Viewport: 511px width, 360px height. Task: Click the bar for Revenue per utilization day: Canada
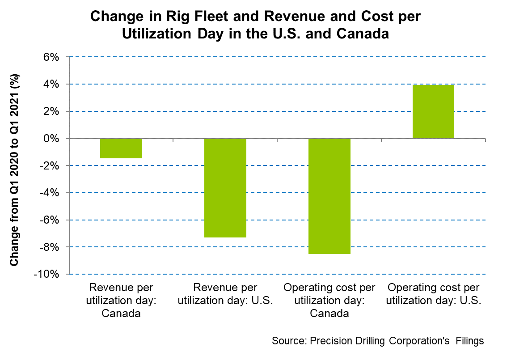121,148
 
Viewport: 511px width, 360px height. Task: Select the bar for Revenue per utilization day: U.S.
225,188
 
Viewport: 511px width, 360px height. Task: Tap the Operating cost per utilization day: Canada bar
329,196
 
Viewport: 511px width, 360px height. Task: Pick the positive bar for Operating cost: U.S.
433,112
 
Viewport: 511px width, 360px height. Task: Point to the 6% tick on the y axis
52,57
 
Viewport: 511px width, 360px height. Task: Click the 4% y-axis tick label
52,85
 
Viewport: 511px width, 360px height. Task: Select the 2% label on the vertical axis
52,112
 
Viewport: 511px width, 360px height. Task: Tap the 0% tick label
52,139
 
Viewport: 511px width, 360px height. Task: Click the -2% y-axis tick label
50,166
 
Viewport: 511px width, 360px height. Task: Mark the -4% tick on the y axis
50,193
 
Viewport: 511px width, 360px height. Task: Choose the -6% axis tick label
50,220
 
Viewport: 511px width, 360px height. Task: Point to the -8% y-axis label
50,247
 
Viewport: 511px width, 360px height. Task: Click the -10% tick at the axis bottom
48,275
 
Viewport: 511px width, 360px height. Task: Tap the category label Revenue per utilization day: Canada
121,300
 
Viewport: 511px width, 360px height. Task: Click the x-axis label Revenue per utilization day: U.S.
225,294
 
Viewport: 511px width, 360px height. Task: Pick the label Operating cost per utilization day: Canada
329,300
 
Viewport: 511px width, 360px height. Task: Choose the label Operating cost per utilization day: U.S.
433,294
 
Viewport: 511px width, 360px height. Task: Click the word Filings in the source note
469,341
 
